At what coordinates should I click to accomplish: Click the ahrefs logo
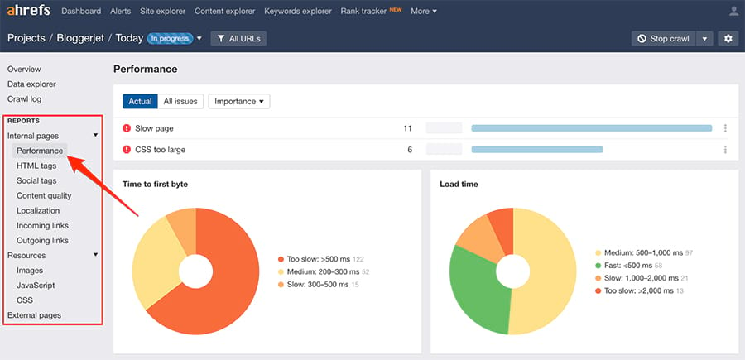point(30,12)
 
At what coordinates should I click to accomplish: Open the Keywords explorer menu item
point(299,12)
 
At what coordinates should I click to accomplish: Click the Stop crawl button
point(662,38)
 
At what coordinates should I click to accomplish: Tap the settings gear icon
point(728,38)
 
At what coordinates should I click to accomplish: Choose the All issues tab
point(180,101)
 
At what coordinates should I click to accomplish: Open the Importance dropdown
point(239,101)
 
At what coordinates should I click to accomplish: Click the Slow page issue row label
point(154,128)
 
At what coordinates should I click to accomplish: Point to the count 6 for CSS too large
point(409,150)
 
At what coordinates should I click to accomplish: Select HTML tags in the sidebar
point(36,166)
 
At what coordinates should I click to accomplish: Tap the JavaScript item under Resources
point(36,286)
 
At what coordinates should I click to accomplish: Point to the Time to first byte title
point(155,184)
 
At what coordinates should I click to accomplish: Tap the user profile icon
point(733,12)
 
